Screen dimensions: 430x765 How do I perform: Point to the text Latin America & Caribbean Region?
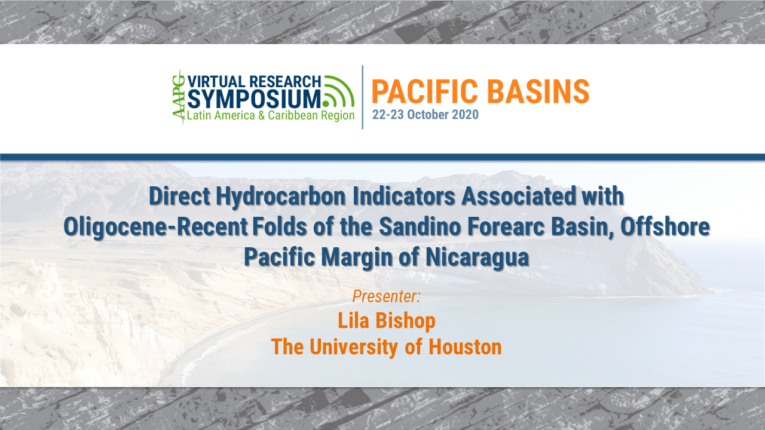pyautogui.click(x=271, y=116)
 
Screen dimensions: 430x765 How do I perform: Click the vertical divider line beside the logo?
pyautogui.click(x=363, y=97)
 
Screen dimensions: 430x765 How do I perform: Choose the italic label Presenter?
pyautogui.click(x=386, y=296)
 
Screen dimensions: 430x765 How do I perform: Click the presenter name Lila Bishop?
pyautogui.click(x=386, y=321)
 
